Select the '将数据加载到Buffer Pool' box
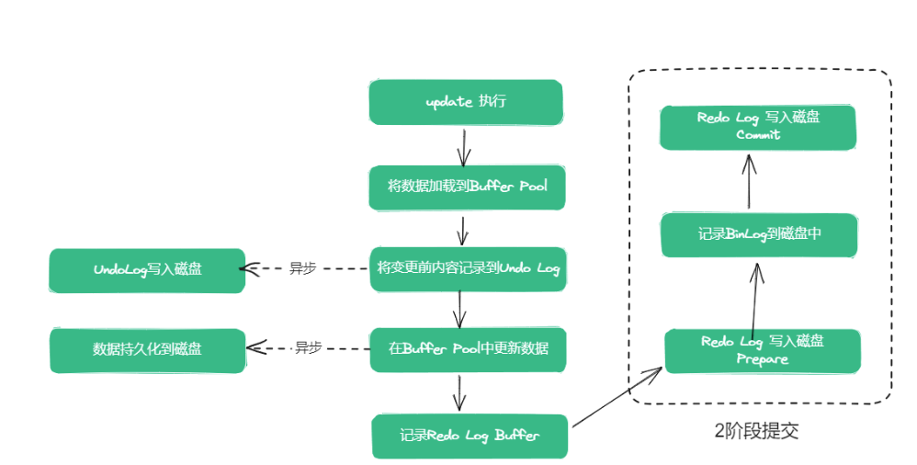click(467, 187)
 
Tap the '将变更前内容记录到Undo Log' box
click(468, 268)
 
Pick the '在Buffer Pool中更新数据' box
click(468, 350)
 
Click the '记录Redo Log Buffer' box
click(470, 436)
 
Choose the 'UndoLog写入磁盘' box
click(147, 270)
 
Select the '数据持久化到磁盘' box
click(147, 350)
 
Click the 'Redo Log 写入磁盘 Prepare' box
click(762, 350)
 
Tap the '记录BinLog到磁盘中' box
click(759, 234)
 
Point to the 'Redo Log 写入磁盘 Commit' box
click(758, 127)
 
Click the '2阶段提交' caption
click(756, 430)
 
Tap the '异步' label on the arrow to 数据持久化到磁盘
click(308, 348)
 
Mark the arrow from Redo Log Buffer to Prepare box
click(616, 398)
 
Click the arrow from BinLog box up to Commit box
click(750, 182)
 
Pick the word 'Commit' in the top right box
click(758, 135)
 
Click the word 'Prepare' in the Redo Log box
click(762, 359)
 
